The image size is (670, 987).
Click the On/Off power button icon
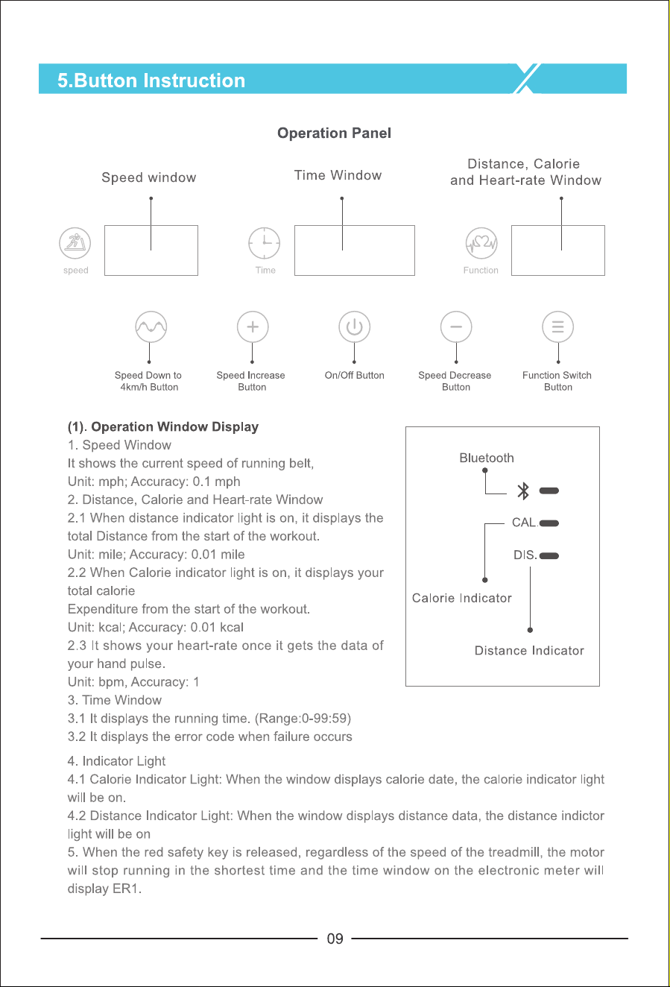(x=354, y=327)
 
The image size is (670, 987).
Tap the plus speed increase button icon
(x=253, y=327)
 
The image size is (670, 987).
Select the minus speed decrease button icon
(x=456, y=327)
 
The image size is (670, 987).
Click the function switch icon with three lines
(x=557, y=327)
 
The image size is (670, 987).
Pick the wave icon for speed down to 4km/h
(x=151, y=327)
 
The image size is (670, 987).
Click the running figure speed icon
(x=75, y=243)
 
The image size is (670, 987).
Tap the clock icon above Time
(x=265, y=243)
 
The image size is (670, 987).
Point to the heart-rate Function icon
(x=481, y=243)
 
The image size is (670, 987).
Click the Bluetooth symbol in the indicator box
(x=523, y=491)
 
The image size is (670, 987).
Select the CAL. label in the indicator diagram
(x=525, y=523)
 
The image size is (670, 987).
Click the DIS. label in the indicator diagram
(x=525, y=555)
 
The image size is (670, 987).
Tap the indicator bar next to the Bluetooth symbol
(x=549, y=491)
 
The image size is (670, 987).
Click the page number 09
(x=335, y=939)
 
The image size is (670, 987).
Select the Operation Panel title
(x=334, y=133)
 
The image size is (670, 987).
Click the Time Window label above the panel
(x=338, y=175)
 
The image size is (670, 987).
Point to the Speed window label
(x=149, y=177)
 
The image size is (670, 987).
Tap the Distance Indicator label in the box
(x=529, y=651)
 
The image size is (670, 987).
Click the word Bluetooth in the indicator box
(x=487, y=458)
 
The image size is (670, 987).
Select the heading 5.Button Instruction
(x=151, y=81)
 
